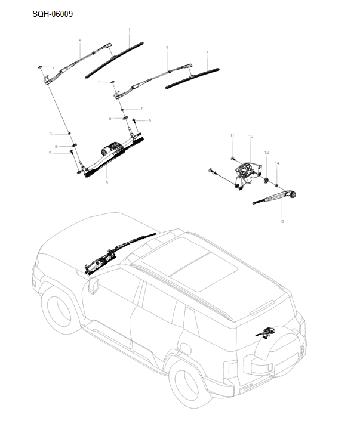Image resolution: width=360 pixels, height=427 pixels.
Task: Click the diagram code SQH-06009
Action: click(53, 13)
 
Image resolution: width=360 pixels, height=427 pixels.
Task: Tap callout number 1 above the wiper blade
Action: click(130, 29)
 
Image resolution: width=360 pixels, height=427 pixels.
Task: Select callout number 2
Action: click(80, 39)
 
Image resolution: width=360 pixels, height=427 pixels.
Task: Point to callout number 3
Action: click(207, 53)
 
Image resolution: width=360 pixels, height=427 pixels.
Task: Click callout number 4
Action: click(167, 47)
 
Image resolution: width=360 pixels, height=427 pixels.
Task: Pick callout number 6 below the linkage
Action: click(107, 182)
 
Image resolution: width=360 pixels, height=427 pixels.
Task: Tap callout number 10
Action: click(251, 137)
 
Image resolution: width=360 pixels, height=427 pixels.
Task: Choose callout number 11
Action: click(232, 137)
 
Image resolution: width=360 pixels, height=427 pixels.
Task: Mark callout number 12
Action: click(266, 152)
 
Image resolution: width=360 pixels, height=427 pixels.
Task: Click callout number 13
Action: click(282, 221)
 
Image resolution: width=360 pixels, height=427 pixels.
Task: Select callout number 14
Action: click(277, 163)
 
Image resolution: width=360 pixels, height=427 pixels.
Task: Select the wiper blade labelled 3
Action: click(192, 78)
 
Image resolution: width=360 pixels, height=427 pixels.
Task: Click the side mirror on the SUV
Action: click(93, 286)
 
